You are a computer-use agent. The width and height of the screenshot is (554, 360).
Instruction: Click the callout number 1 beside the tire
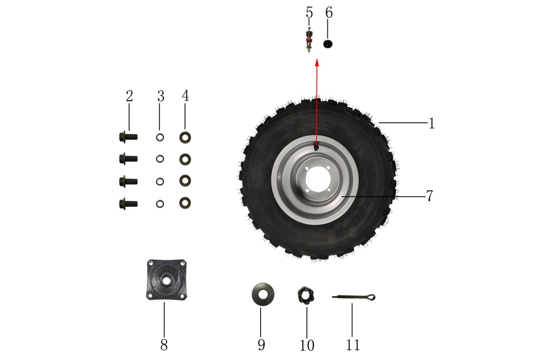tap(431, 123)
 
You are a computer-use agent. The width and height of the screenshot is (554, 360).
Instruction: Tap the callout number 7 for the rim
tap(430, 196)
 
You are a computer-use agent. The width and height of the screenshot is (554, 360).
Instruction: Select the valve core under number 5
tap(309, 40)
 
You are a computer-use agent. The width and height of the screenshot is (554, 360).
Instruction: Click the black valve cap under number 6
tap(328, 44)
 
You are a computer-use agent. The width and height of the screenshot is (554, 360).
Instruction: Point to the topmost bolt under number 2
tap(128, 137)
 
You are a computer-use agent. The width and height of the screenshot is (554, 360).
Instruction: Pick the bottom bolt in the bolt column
tap(128, 204)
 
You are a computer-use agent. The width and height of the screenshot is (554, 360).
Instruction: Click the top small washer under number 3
tap(160, 137)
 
